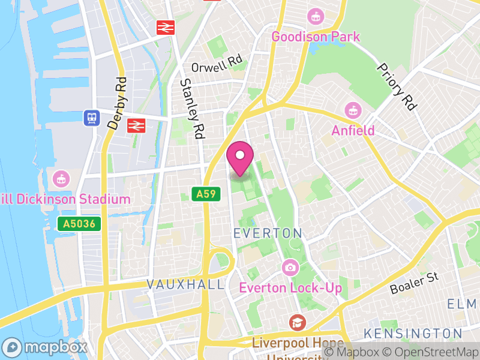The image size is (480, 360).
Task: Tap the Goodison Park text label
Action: click(316, 37)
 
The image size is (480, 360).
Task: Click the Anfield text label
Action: click(353, 130)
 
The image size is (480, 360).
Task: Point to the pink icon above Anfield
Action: click(352, 110)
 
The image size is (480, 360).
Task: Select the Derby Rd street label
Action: click(117, 103)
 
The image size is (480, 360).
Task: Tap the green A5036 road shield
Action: click(79, 224)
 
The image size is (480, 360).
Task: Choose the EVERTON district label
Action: click(268, 232)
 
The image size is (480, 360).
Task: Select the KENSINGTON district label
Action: click(413, 333)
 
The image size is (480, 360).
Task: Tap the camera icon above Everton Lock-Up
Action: click(290, 267)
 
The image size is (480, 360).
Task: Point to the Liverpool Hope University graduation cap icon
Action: click(295, 323)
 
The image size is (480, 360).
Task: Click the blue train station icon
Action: click(91, 118)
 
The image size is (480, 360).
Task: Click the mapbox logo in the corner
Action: click(45, 347)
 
